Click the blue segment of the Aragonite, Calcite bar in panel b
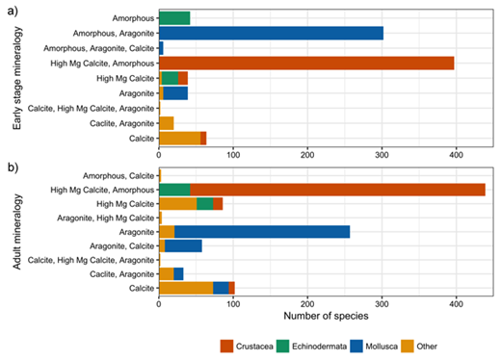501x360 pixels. click(183, 246)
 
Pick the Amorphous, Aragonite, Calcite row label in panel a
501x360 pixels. click(94, 47)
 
